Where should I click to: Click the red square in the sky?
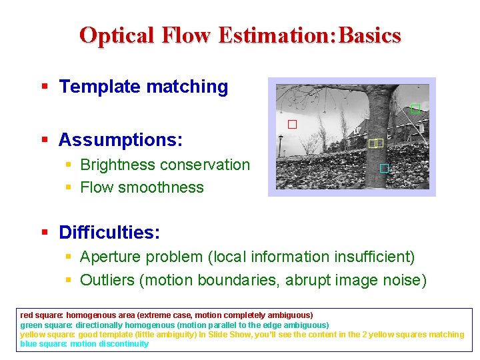tap(292, 124)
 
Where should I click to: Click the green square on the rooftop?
tap(415, 109)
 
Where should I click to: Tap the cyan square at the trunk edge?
tap(384, 168)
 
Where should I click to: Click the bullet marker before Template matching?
tap(44, 87)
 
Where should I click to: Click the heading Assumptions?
tap(121, 140)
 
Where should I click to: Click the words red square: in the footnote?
tap(41, 315)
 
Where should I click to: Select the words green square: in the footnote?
tap(45, 325)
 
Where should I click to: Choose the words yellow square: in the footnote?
tap(47, 335)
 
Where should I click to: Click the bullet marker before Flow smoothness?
tap(69, 188)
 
